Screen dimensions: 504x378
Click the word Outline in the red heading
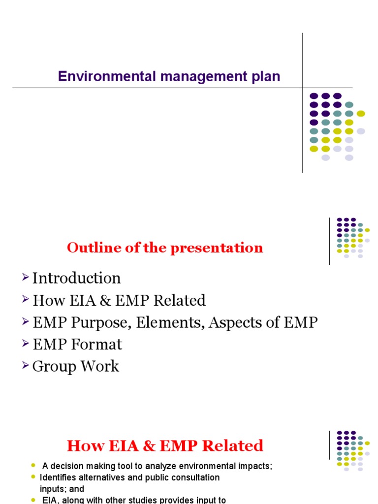[88, 248]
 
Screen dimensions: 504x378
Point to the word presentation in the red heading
[217, 248]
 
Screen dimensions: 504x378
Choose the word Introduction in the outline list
[76, 278]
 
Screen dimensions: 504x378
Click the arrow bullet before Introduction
[26, 278]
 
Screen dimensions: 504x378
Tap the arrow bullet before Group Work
[26, 366]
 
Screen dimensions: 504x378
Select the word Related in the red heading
[235, 446]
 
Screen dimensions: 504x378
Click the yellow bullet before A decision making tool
[33, 466]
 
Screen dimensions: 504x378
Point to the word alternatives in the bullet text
[100, 477]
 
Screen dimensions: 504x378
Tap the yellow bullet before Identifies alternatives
[33, 477]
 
